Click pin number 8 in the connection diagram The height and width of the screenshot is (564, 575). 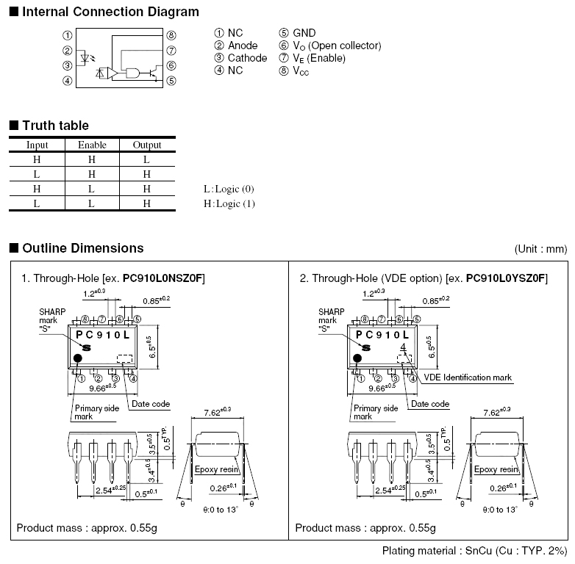pyautogui.click(x=171, y=35)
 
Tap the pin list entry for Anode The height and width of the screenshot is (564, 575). pyautogui.click(x=236, y=46)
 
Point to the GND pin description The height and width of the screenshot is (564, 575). pyautogui.click(x=297, y=33)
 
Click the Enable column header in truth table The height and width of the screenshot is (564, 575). pyautogui.click(x=92, y=145)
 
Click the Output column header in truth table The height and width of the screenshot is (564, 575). pyautogui.click(x=147, y=145)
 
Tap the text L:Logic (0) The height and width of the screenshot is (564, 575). pyautogui.click(x=229, y=189)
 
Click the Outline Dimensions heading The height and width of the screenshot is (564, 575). pyautogui.click(x=82, y=248)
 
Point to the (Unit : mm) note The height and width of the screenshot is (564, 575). pyautogui.click(x=541, y=249)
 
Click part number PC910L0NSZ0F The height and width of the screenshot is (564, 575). pyautogui.click(x=164, y=278)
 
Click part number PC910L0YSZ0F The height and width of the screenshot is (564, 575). pyautogui.click(x=507, y=278)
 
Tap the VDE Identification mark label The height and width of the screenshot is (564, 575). pyautogui.click(x=468, y=377)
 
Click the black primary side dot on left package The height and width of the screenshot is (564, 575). pyautogui.click(x=78, y=359)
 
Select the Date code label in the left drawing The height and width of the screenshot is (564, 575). pyautogui.click(x=150, y=404)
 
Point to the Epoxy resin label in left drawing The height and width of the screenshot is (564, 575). pyautogui.click(x=216, y=469)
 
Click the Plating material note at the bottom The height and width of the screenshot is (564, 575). pyautogui.click(x=475, y=551)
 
